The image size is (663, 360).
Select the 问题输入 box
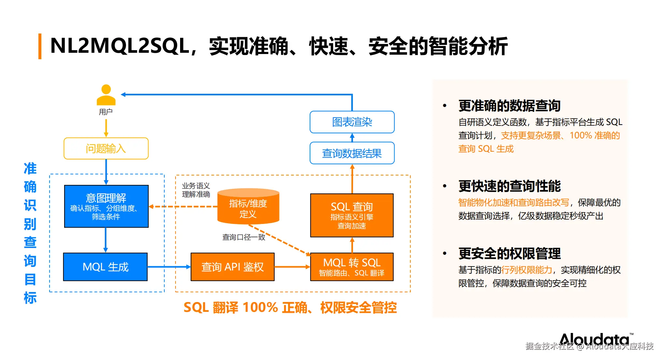pyautogui.click(x=106, y=148)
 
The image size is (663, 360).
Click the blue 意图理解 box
pyautogui.click(x=106, y=206)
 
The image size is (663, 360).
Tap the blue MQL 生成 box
pyautogui.click(x=106, y=267)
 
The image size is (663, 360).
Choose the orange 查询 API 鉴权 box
pyautogui.click(x=233, y=267)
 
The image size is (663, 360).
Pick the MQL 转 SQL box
pyautogui.click(x=352, y=267)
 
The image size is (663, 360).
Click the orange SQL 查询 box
pyautogui.click(x=352, y=215)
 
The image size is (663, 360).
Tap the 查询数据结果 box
pyautogui.click(x=352, y=153)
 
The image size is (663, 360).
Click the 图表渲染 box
pyautogui.click(x=352, y=122)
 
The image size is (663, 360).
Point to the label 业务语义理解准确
pyautogui.click(x=196, y=190)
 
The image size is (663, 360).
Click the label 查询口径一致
pyautogui.click(x=244, y=237)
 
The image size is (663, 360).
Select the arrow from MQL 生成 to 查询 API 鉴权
pyautogui.click(x=169, y=267)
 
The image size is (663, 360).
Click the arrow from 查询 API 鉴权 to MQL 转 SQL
pyautogui.click(x=292, y=267)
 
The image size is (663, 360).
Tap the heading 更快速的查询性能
pyautogui.click(x=509, y=186)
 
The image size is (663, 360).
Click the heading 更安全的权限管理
pyautogui.click(x=509, y=254)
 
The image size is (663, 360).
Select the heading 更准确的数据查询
pyautogui.click(x=509, y=106)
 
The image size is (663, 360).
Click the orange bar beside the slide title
pyautogui.click(x=40, y=46)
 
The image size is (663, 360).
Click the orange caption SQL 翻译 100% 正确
pyautogui.click(x=231, y=308)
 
